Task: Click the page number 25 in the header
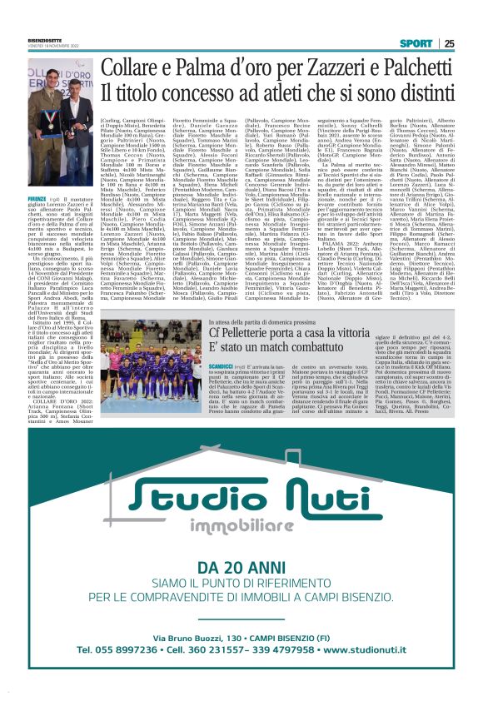pyautogui.click(x=449, y=43)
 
